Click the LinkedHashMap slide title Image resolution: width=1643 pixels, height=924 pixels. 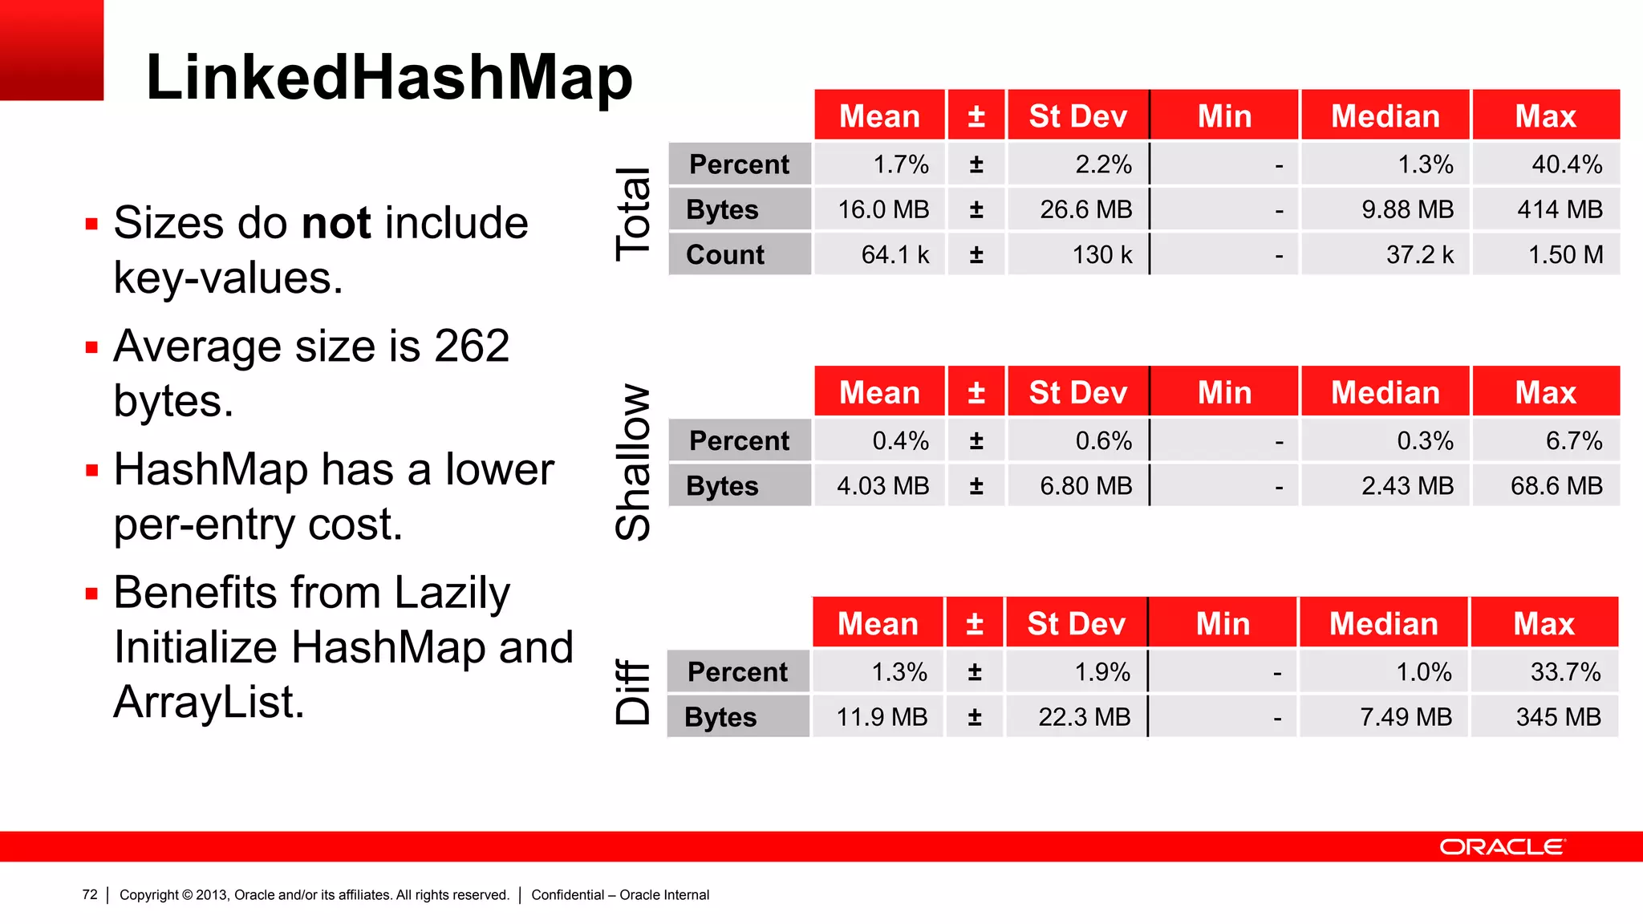point(389,78)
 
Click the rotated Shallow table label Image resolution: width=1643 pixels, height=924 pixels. point(633,462)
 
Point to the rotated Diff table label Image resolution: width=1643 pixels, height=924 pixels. point(633,691)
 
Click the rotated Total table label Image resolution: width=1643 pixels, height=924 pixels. point(633,213)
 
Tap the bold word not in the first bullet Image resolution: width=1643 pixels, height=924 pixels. point(336,223)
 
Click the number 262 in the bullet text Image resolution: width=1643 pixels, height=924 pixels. point(472,346)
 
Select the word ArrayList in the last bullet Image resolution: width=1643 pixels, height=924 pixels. point(209,703)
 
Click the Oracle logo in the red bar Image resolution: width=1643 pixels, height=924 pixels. point(1501,847)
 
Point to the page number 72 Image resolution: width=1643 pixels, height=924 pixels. point(90,894)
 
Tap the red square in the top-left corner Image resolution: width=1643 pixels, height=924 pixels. point(51,50)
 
